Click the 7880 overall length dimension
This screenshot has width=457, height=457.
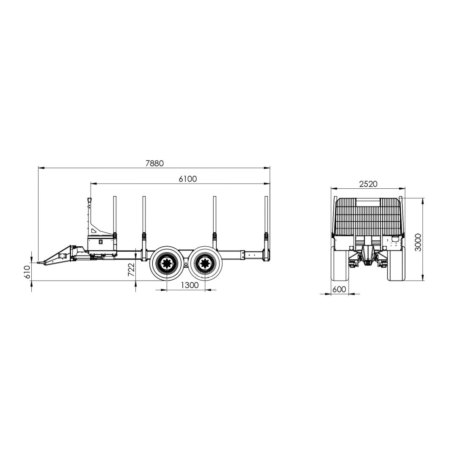[154, 163]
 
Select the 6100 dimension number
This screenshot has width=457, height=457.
[188, 179]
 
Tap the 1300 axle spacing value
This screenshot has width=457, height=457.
[190, 285]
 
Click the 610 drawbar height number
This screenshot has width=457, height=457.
[27, 272]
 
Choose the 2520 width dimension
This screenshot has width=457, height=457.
[368, 184]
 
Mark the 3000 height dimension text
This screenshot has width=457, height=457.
[418, 242]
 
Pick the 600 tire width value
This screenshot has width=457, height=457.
[339, 289]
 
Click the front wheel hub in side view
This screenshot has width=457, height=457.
[167, 264]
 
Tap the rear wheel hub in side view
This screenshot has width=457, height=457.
[205, 264]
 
